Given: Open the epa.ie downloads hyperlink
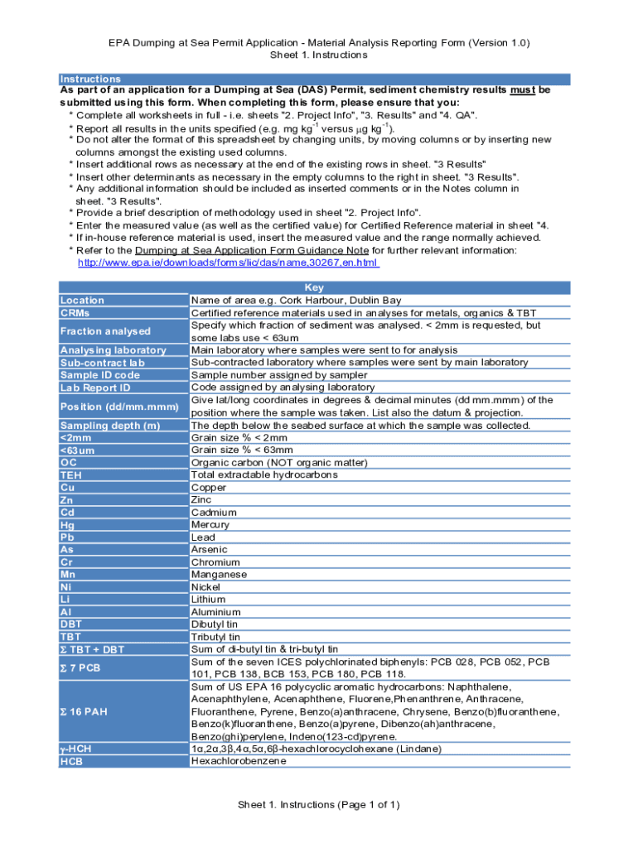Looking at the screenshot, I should click(x=228, y=263).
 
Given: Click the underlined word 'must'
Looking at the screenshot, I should click(x=522, y=89).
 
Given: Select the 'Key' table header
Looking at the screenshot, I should click(x=315, y=288).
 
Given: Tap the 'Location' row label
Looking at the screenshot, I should click(x=82, y=301).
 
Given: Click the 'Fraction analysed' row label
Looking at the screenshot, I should click(x=105, y=331).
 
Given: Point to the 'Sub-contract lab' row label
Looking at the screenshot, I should click(x=102, y=363).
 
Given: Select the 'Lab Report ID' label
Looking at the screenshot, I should click(x=95, y=388).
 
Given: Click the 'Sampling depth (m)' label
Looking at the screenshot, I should click(x=109, y=426).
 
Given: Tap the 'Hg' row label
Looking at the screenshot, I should click(x=68, y=525).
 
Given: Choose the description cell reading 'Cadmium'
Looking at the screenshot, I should click(x=214, y=513).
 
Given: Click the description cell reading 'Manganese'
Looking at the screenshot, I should click(x=219, y=574).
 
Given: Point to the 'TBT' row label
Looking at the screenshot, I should click(x=71, y=637).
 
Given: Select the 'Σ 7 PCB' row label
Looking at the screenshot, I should click(x=80, y=667).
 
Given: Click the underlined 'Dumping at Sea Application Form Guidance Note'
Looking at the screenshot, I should click(x=252, y=250).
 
